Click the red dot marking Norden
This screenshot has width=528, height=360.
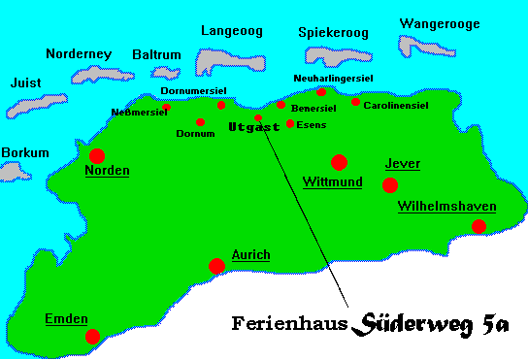tap(97, 155)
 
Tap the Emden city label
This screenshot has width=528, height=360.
tap(66, 318)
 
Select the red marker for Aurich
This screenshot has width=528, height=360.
tap(216, 266)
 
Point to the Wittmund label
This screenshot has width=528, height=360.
tap(332, 181)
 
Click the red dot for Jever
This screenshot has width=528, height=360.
tap(390, 184)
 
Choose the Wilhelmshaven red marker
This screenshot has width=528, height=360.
tap(478, 226)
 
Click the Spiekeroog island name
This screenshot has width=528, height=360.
tap(334, 33)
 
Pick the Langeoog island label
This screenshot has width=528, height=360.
tap(231, 31)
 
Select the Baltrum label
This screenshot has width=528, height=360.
tap(156, 55)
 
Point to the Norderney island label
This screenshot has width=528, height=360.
tap(79, 53)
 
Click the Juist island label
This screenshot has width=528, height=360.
tap(25, 83)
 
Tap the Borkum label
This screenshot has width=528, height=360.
tap(25, 152)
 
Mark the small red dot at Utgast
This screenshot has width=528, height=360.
tap(258, 117)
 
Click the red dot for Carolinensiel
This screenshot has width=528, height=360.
tap(355, 102)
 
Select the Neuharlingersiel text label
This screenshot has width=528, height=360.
tap(334, 78)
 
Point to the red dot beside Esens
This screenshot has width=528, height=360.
tap(290, 123)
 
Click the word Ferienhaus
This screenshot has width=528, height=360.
tap(289, 323)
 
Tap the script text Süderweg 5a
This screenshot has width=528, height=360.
tap(431, 322)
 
